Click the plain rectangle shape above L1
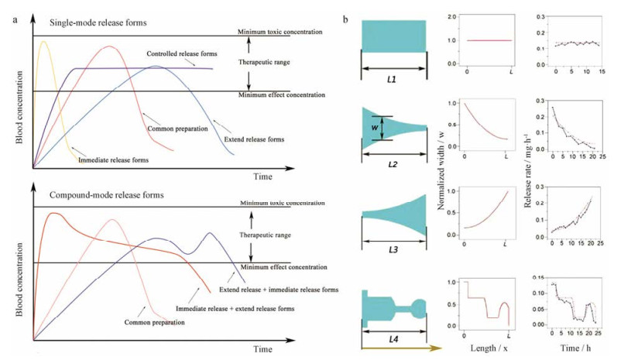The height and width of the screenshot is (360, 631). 393,36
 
